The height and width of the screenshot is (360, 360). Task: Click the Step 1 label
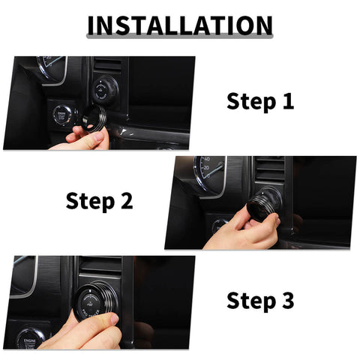[260, 101]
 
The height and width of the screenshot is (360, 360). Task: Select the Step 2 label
[100, 200]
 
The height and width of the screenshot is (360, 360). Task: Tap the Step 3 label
[260, 301]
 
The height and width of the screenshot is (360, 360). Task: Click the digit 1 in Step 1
[287, 101]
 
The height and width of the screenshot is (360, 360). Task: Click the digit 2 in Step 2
[126, 200]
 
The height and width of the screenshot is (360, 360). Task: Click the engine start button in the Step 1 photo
[61, 117]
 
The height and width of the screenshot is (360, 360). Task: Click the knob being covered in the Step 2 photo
[266, 202]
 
